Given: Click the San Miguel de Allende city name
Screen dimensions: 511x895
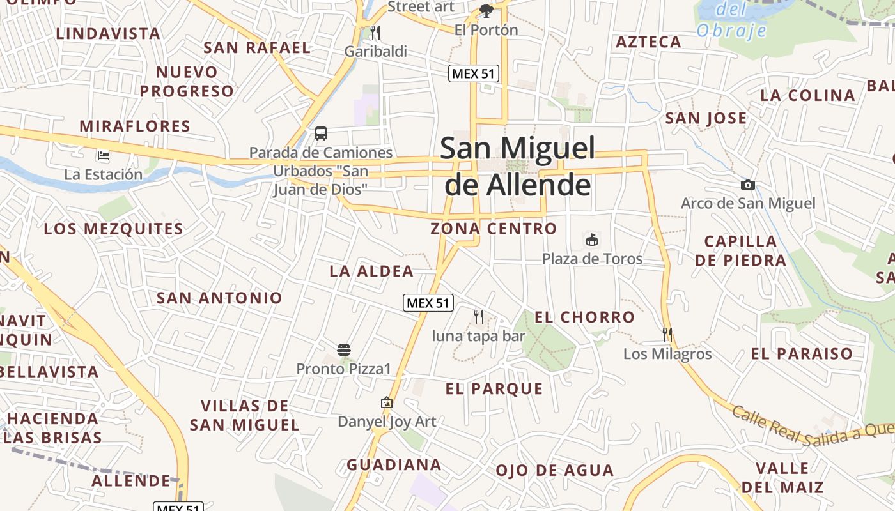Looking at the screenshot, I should click(517, 166).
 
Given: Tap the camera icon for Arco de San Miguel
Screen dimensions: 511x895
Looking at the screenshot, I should click(747, 185).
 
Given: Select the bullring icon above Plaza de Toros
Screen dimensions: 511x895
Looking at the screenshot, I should click(592, 240).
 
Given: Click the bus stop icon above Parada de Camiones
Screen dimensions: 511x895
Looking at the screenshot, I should click(321, 133).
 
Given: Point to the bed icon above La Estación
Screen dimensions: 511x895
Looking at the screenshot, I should click(103, 155).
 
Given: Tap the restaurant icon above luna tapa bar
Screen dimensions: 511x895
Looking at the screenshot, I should click(478, 316).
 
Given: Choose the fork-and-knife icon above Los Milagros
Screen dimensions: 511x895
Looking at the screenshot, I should click(667, 334).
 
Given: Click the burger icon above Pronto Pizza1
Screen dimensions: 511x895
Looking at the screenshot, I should click(344, 349).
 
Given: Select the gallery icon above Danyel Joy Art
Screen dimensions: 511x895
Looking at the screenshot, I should click(386, 402).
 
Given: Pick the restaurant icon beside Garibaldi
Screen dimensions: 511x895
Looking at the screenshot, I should click(375, 32).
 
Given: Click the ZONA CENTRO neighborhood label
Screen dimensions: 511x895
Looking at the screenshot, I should click(494, 228).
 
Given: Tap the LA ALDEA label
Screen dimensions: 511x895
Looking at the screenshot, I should click(371, 271).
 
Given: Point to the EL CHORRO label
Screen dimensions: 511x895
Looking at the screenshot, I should click(584, 317).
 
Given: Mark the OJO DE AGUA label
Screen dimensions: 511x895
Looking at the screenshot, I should click(554, 471).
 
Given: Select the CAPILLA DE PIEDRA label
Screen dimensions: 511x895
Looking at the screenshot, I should click(740, 250).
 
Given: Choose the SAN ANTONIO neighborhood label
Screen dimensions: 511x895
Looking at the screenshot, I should click(219, 298).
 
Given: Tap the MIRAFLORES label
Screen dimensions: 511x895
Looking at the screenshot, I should click(135, 126).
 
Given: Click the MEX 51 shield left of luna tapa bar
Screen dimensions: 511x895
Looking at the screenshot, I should click(428, 303).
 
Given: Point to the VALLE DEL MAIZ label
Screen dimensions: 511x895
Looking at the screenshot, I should click(782, 478).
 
